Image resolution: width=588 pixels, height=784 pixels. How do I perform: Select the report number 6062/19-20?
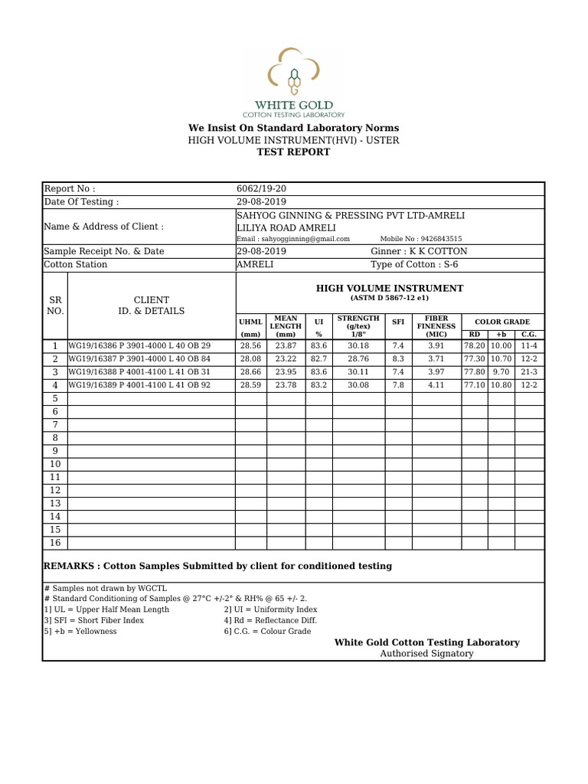pyautogui.click(x=262, y=189)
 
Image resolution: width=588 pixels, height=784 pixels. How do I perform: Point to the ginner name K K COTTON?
pyautogui.click(x=419, y=251)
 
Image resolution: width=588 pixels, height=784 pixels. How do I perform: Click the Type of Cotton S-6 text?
pyautogui.click(x=414, y=264)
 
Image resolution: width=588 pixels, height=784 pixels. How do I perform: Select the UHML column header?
pyautogui.click(x=250, y=328)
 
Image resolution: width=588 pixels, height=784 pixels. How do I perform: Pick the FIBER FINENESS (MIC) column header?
pyautogui.click(x=436, y=326)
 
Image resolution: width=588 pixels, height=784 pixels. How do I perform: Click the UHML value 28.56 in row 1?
pyautogui.click(x=250, y=346)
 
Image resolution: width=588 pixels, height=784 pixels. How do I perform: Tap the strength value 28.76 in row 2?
pyautogui.click(x=358, y=359)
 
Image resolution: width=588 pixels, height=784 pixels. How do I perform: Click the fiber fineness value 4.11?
pyautogui.click(x=436, y=385)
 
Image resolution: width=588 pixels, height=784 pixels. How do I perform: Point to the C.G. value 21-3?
pyautogui.click(x=529, y=372)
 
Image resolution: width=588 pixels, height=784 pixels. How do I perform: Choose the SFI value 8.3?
pyautogui.click(x=398, y=359)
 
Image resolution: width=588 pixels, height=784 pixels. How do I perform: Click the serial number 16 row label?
pyautogui.click(x=55, y=542)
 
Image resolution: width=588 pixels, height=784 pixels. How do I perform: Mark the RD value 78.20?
pyautogui.click(x=475, y=346)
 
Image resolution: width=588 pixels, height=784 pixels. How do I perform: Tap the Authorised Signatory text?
pyautogui.click(x=426, y=654)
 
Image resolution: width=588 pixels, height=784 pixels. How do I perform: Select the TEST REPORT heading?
pyautogui.click(x=293, y=152)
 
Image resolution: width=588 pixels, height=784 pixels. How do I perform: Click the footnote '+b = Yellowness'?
pyautogui.click(x=80, y=632)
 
